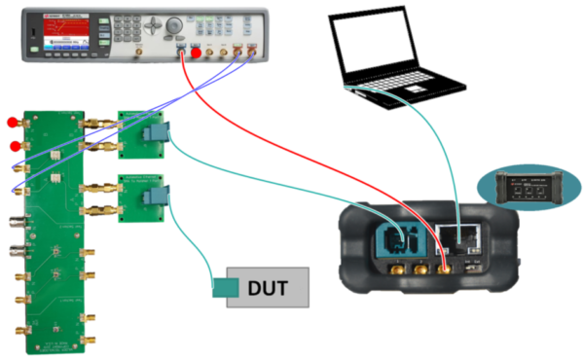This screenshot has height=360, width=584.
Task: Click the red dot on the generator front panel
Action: pos(196,53)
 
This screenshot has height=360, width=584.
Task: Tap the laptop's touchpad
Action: pos(415,89)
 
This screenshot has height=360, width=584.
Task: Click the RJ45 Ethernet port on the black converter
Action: pos(454,235)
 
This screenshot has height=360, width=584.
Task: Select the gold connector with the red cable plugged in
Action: pos(448,269)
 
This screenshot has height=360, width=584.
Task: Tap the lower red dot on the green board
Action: pos(14,148)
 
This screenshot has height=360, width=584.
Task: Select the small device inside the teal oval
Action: pos(527,186)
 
